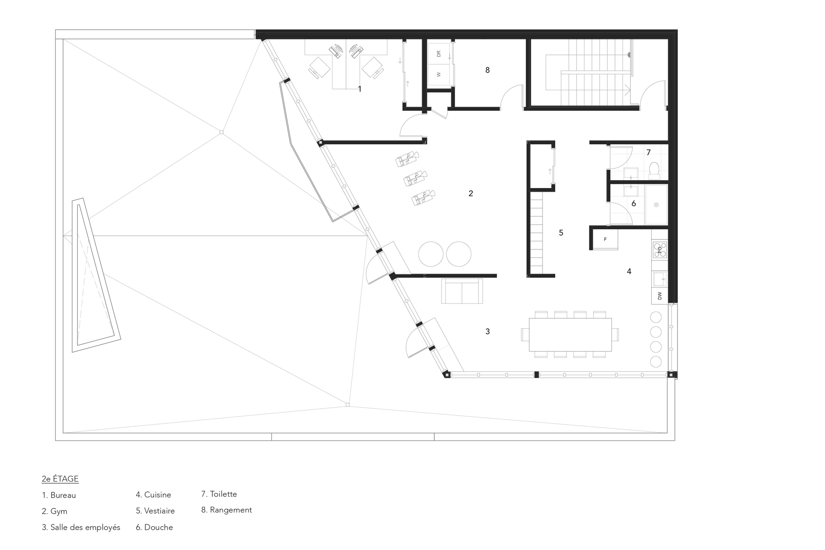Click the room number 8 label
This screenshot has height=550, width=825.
click(x=487, y=71)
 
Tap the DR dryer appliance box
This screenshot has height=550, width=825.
click(x=438, y=54)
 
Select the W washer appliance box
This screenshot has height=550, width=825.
click(x=438, y=75)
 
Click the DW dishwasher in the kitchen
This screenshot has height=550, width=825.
click(x=660, y=296)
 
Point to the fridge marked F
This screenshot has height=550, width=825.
click(x=605, y=239)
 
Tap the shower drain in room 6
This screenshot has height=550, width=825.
click(x=656, y=204)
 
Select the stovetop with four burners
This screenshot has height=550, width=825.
click(x=659, y=249)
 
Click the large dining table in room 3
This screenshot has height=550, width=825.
click(x=570, y=334)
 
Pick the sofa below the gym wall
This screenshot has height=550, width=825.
click(x=462, y=291)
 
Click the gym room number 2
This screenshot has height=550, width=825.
click(x=471, y=193)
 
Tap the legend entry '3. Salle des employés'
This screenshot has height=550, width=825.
click(x=81, y=527)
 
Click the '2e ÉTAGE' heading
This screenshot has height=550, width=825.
click(x=60, y=479)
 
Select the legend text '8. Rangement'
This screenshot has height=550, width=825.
click(x=226, y=510)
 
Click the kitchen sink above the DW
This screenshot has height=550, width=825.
click(x=659, y=279)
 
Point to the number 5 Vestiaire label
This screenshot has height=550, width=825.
click(x=561, y=233)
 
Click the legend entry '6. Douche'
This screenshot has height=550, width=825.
click(x=154, y=527)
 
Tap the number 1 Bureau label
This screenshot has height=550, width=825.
click(x=360, y=89)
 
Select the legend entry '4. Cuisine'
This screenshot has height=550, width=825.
click(x=153, y=495)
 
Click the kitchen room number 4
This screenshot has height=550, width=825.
click(x=629, y=271)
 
